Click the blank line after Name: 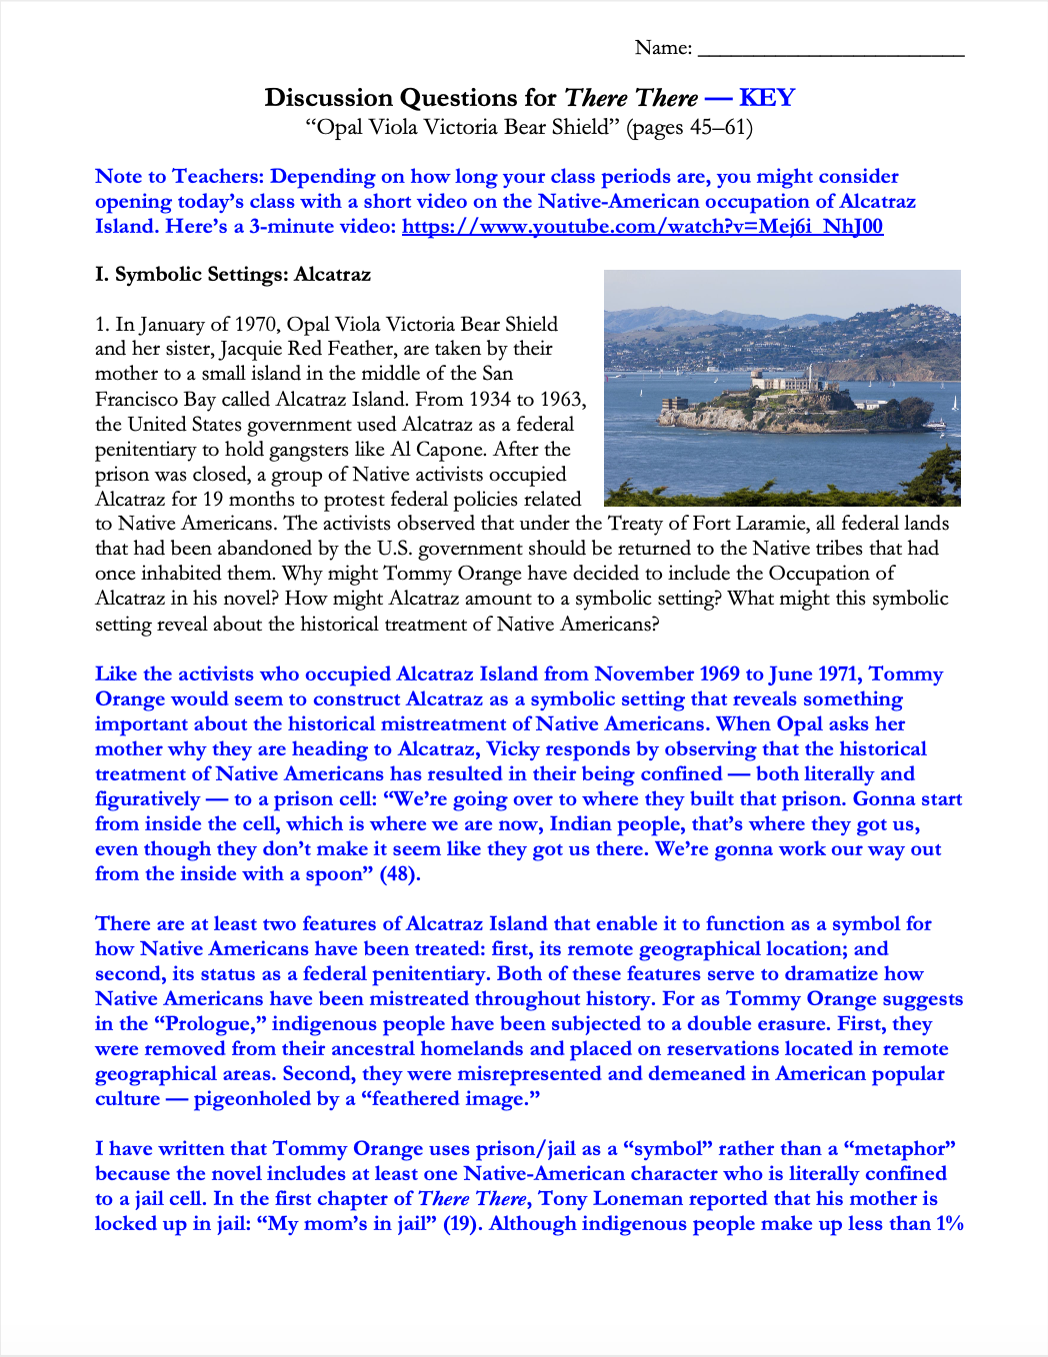(830, 50)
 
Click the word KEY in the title (767, 98)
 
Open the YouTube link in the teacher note (642, 227)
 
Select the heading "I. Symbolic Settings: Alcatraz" (233, 275)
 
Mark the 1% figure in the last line (949, 1224)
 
